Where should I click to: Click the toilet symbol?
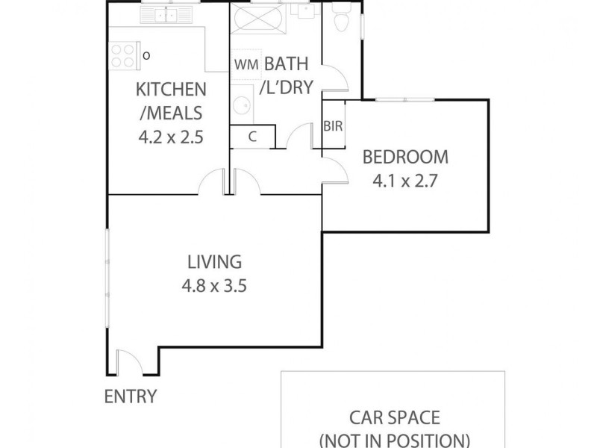[x=341, y=20]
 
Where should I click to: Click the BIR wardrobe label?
[x=333, y=126]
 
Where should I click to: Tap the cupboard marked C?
[x=252, y=136]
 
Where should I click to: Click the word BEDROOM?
[x=405, y=158]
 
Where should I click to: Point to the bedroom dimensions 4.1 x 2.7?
[x=405, y=181]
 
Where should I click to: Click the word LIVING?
[x=214, y=262]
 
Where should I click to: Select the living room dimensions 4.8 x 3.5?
[x=214, y=285]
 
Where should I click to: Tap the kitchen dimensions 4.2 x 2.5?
[x=171, y=137]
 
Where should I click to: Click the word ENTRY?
[x=131, y=396]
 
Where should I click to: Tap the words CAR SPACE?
[x=395, y=417]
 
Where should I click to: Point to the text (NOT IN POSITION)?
[x=395, y=439]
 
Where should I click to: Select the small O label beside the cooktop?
[x=146, y=55]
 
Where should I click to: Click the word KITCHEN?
[x=171, y=90]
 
